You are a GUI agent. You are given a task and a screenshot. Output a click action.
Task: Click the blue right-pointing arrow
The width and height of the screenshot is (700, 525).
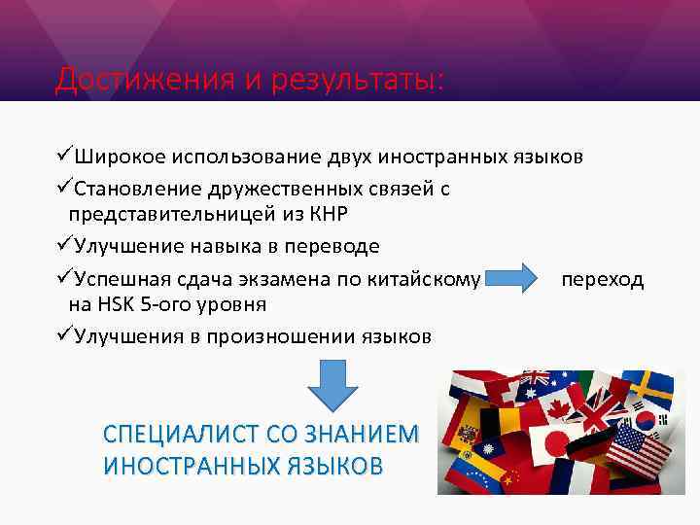click(514, 279)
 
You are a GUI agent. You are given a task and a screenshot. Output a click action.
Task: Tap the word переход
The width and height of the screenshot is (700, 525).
click(603, 279)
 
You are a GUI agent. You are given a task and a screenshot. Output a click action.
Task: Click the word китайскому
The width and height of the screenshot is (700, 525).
click(424, 279)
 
